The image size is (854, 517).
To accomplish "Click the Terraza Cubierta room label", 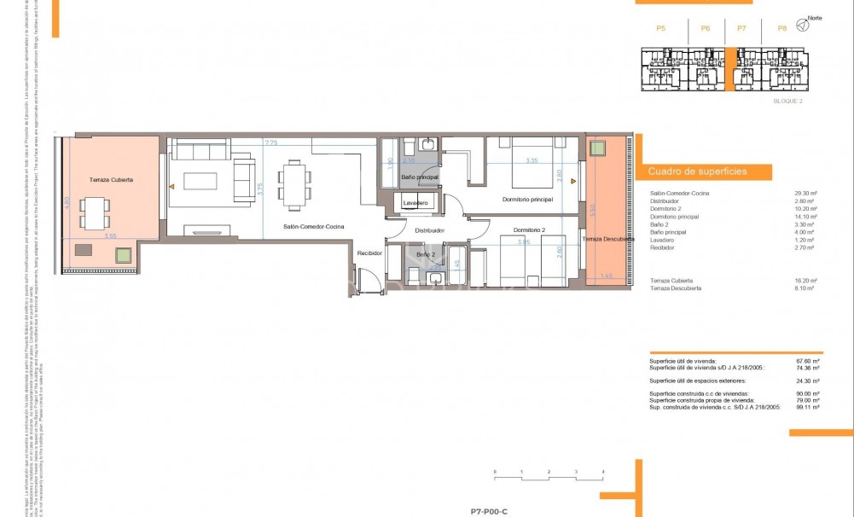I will [x=112, y=181].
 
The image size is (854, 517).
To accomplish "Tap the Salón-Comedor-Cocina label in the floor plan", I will [x=314, y=226].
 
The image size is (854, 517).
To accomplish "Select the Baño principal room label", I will [x=420, y=177].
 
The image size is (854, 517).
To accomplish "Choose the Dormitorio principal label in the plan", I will [x=528, y=200].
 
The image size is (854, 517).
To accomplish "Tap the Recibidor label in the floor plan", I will [x=369, y=253].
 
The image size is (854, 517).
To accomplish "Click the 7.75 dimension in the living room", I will [x=271, y=142].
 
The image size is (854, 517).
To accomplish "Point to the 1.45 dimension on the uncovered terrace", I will [x=607, y=276].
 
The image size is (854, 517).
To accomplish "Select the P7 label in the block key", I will [x=741, y=29].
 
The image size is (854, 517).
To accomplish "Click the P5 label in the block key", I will [x=660, y=29].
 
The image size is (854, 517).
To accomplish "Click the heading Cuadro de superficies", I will [x=697, y=171].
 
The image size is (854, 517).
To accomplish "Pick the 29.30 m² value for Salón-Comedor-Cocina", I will [x=805, y=194].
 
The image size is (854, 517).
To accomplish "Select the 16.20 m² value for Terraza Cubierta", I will [x=805, y=281].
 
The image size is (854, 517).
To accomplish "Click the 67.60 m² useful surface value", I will [x=806, y=361].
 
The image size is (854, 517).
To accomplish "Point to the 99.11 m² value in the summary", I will [x=806, y=408].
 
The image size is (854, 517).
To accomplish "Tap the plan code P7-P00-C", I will [x=489, y=511].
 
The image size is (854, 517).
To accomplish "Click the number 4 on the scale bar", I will [x=603, y=471].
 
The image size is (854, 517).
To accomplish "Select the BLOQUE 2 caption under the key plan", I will [x=787, y=101].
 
